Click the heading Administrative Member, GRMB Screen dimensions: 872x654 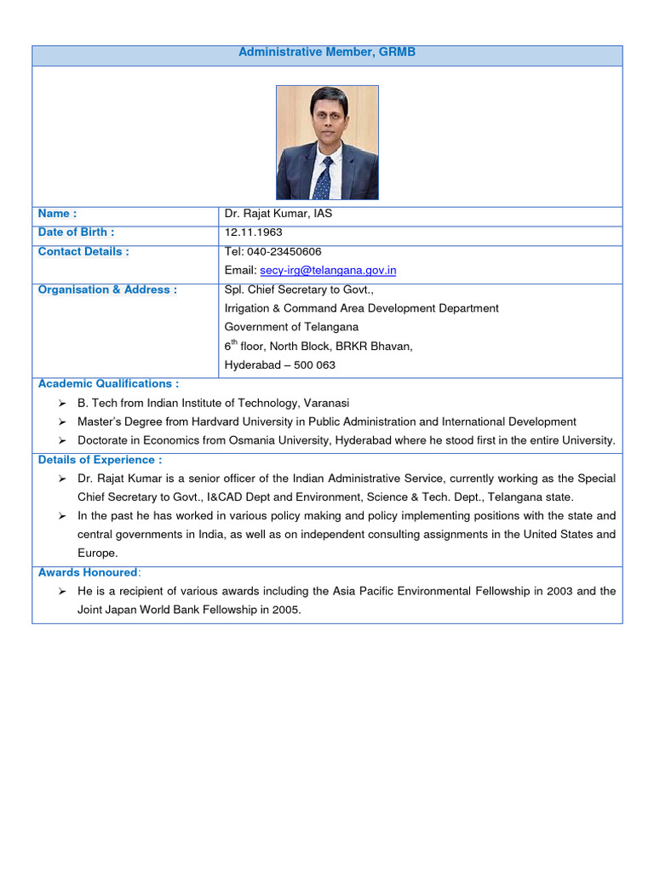(x=327, y=53)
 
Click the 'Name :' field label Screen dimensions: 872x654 (x=58, y=214)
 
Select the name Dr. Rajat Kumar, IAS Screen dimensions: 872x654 (x=278, y=214)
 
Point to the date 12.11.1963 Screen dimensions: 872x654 (x=253, y=232)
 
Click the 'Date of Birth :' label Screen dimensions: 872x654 (x=76, y=232)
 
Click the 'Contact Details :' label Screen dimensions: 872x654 (x=83, y=252)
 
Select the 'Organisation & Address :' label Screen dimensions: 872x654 (x=107, y=290)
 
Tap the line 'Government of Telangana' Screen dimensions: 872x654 (x=291, y=327)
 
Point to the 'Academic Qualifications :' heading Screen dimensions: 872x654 (x=108, y=384)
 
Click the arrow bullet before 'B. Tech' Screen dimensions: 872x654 (x=62, y=404)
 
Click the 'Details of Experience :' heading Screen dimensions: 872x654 (x=100, y=460)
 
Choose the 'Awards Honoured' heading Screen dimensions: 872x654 (x=88, y=573)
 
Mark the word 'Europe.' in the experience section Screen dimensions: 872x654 (x=98, y=554)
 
